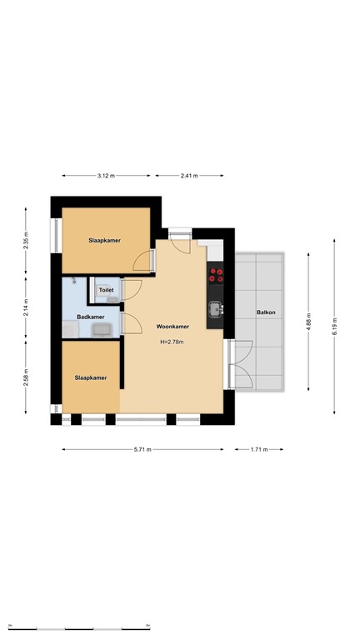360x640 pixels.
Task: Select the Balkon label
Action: [266, 312]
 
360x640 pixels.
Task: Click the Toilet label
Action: [106, 291]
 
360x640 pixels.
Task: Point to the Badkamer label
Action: [91, 317]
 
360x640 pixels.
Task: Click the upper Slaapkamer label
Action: [105, 240]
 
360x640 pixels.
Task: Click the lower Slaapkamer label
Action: [91, 377]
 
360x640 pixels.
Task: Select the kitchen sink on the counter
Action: [215, 309]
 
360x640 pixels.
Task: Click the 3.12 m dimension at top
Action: [106, 176]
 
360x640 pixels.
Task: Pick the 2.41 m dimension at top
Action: [189, 176]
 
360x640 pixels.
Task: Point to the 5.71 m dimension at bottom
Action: [142, 449]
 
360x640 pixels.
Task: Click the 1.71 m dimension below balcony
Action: [259, 449]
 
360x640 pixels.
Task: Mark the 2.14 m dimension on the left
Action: [25, 307]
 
